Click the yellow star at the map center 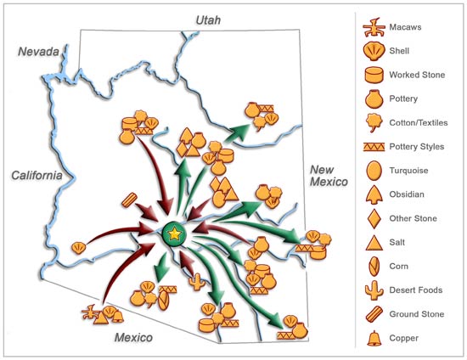[174, 233]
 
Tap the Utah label [207, 19]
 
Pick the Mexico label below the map [139, 339]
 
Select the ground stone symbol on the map [130, 201]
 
